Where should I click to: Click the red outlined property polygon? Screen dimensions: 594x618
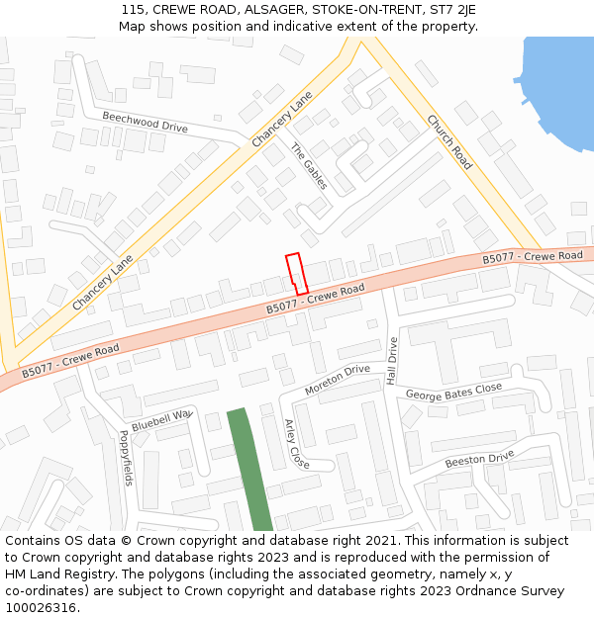pyautogui.click(x=296, y=273)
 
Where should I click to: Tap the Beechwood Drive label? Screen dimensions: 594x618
pyautogui.click(x=145, y=123)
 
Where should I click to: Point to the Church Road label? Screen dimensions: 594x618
pyautogui.click(x=449, y=141)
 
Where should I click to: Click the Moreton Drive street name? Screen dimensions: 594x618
pyautogui.click(x=337, y=380)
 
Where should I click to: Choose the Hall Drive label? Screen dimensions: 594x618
pyautogui.click(x=392, y=361)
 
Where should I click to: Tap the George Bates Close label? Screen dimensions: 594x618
pyautogui.click(x=454, y=394)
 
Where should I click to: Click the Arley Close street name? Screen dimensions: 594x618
pyautogui.click(x=297, y=444)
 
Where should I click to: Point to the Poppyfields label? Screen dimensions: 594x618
pyautogui.click(x=126, y=458)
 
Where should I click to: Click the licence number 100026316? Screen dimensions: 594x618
pyautogui.click(x=41, y=607)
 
